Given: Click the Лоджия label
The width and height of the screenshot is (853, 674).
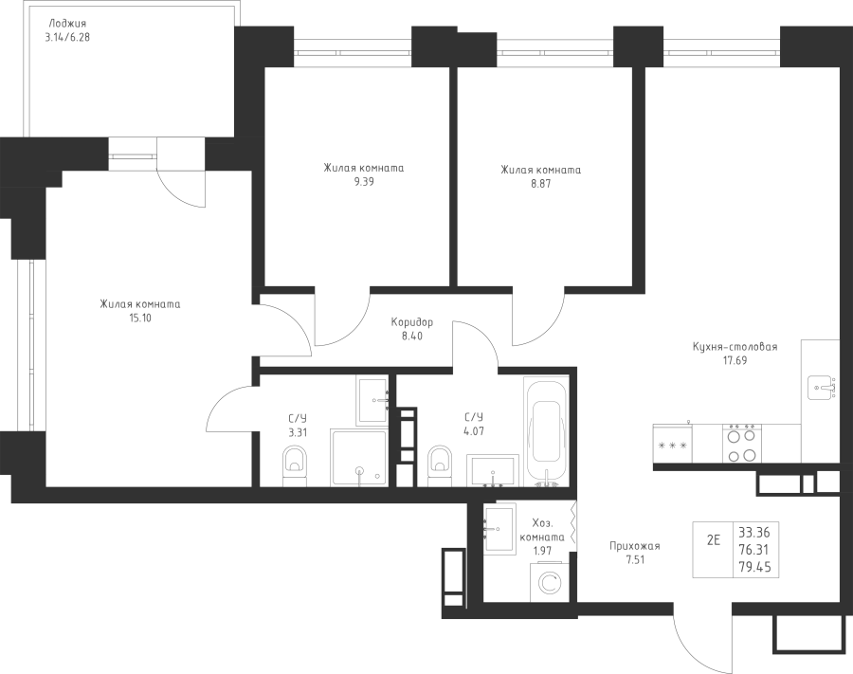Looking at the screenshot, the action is (x=67, y=25).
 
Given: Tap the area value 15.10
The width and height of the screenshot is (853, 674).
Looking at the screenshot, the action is (x=140, y=319).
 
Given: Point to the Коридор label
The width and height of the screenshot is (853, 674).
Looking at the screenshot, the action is (x=412, y=322).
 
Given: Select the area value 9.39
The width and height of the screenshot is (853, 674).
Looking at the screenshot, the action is (x=364, y=182).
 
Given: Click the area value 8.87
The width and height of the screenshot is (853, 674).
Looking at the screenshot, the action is (x=541, y=184).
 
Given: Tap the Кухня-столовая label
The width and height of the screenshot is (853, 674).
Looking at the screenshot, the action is (x=735, y=347).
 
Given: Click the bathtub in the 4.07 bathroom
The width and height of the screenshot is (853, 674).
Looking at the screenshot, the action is (x=546, y=430).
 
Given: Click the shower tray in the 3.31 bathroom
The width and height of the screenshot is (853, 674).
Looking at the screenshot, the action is (x=359, y=458).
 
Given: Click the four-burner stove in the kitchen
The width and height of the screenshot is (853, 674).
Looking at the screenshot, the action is (x=742, y=444).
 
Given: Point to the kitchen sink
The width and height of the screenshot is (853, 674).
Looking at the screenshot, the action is (x=821, y=388).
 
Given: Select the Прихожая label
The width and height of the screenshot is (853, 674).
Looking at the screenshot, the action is (x=635, y=546).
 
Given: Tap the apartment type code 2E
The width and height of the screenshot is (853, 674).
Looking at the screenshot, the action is (x=713, y=540).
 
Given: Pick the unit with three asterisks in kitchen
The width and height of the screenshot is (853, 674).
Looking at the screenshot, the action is (x=672, y=444).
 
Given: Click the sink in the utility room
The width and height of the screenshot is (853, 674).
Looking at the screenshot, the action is (x=499, y=529).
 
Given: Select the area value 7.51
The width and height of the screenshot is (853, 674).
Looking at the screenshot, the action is (x=635, y=559).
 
